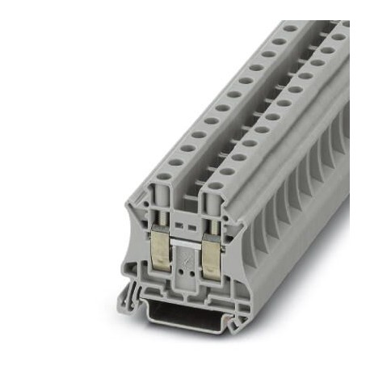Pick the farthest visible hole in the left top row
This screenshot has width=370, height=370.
(289, 29)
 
